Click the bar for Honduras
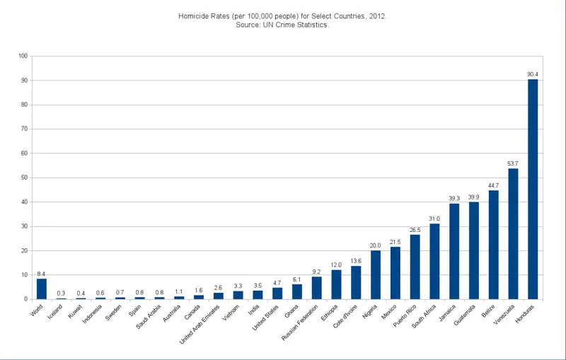click(533, 189)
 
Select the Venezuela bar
click(513, 233)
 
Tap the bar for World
click(42, 289)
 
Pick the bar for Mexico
click(395, 273)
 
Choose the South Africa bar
click(434, 261)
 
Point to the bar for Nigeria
click(376, 274)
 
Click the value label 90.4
click(533, 74)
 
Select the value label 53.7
click(513, 163)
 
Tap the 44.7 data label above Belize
click(493, 185)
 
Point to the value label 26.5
click(415, 230)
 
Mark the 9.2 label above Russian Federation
click(317, 272)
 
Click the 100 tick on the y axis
click(23, 56)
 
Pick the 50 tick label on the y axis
click(24, 178)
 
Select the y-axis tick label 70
click(24, 129)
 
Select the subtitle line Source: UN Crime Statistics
click(283, 25)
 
